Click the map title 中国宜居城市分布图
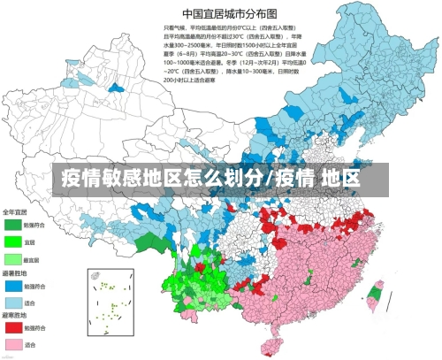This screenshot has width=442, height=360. pos(228,13)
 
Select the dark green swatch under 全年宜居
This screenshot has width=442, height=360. pos(12,225)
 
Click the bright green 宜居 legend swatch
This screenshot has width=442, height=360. pos(12,241)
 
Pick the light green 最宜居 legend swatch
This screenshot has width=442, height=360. pos(12,259)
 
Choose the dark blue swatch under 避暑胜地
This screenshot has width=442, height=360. pos(12,286)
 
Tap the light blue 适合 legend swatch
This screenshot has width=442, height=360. pos(12,302)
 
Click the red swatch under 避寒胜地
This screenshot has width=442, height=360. pos(12,327)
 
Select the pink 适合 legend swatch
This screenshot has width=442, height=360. pos(12,344)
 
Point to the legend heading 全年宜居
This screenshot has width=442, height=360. pos(14,212)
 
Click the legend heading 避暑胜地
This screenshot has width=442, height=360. pos(14,273)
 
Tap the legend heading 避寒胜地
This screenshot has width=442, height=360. pos(14,315)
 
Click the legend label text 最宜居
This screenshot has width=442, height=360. pos(32,259)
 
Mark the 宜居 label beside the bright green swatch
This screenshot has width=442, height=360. pos(29,241)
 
